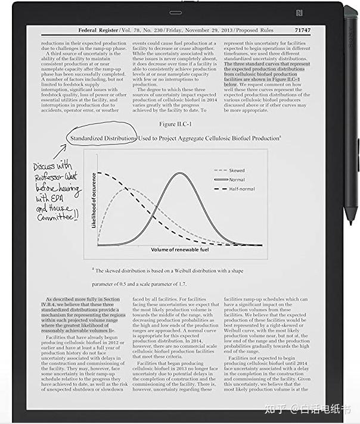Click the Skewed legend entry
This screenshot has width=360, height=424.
pos(236,170)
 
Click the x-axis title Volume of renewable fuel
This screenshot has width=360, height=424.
pos(179,250)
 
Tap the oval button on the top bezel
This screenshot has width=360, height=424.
pos(175,13)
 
